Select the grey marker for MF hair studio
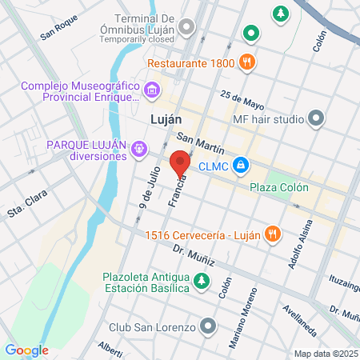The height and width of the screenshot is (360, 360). point(316,120)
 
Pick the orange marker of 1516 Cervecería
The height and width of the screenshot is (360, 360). point(273,234)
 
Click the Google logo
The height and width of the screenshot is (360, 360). point(26,350)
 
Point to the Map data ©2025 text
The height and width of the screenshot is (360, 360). point(325,354)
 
